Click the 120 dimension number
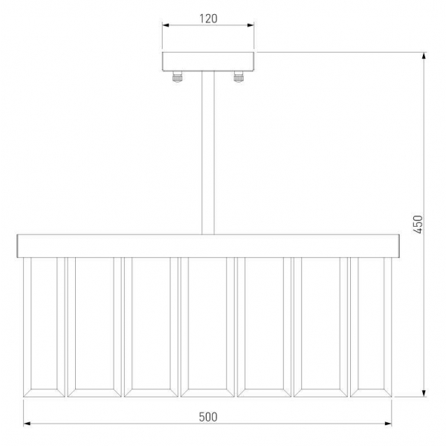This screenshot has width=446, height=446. coord(208,19)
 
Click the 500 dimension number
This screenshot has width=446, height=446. coord(208,417)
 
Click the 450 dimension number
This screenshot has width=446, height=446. coord(418,224)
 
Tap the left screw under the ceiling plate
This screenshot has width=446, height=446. coord(177,77)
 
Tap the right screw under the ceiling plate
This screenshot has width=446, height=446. coord(239,77)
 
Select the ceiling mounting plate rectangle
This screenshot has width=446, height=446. coord(208,62)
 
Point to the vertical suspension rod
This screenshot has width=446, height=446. coord(208,152)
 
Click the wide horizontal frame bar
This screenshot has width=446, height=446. coord(208,246)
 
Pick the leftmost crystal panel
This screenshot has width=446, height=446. coord(44,327)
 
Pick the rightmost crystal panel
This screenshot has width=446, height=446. coord(371,327)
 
